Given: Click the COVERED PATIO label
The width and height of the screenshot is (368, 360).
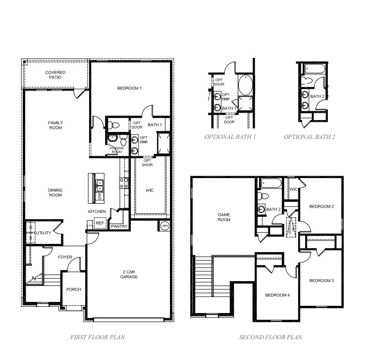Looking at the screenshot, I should click(x=55, y=75).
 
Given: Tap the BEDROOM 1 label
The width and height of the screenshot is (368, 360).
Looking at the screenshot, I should click(x=129, y=88).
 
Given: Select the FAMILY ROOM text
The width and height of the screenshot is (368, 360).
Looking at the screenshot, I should click(x=55, y=125).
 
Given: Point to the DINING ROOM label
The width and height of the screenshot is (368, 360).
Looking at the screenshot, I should click(x=55, y=193).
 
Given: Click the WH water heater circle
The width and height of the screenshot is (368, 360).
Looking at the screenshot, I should click(x=164, y=225).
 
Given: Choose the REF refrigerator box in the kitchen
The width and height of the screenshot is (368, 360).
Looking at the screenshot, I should click(x=100, y=223).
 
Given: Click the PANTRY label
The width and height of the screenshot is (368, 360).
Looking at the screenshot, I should click(x=119, y=226).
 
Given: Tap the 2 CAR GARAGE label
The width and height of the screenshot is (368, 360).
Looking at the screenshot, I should click(x=129, y=274).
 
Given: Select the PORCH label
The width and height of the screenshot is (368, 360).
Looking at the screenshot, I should click(x=74, y=289).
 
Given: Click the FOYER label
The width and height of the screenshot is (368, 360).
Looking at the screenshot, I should click(x=65, y=257).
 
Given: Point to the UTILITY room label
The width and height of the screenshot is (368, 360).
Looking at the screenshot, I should click(x=43, y=233).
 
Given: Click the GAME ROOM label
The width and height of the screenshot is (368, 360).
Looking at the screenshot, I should click(x=224, y=217).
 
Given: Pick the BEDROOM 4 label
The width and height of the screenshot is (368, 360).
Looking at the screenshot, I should click(x=277, y=295).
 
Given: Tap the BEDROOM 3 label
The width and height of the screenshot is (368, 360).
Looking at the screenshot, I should click(x=322, y=281).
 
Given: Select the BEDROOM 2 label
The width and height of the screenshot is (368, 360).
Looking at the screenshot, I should click(x=322, y=207).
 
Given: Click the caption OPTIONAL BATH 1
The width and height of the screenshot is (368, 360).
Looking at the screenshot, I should click(x=230, y=137).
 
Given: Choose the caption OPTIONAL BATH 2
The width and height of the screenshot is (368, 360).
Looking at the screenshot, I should click(x=309, y=137).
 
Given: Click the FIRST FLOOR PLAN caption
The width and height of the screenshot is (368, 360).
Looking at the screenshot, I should click(x=97, y=337).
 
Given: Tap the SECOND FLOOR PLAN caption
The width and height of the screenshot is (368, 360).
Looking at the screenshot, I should click(x=271, y=337).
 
